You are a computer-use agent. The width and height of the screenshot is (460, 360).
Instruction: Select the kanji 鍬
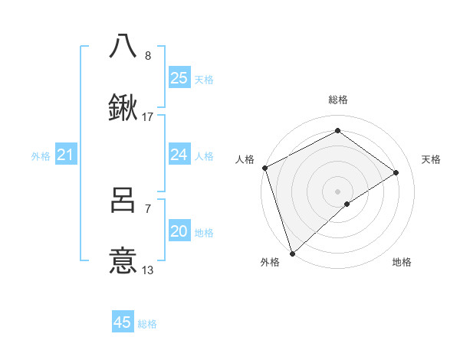tap(123, 109)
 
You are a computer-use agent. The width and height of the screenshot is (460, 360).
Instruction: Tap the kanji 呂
tap(123, 200)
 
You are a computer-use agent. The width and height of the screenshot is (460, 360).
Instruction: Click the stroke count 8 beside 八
tap(147, 56)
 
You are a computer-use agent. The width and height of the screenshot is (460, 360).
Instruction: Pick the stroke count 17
tap(148, 117)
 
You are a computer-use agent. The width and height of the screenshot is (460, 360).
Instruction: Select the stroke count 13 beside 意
tap(148, 270)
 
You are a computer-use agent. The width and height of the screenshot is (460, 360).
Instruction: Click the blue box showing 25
tap(179, 78)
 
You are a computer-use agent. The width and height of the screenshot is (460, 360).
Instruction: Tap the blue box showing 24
tap(179, 155)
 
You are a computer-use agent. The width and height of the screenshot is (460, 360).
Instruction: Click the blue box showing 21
tap(66, 155)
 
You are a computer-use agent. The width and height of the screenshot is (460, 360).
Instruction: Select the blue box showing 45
tap(123, 322)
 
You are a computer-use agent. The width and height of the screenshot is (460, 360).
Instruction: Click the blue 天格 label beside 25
tap(204, 79)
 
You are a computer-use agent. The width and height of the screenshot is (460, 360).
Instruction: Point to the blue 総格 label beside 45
tap(147, 324)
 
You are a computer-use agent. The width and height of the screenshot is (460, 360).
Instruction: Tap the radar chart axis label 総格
tap(337, 100)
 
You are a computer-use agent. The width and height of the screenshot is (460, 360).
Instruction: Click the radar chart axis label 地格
tap(402, 262)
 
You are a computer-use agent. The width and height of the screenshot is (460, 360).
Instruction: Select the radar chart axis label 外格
tap(270, 262)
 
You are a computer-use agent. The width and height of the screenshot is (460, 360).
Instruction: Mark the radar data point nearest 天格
tap(396, 172)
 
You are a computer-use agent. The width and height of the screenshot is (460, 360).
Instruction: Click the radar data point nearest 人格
tap(264, 168)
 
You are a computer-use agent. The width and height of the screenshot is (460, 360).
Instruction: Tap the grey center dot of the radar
tap(337, 191)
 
